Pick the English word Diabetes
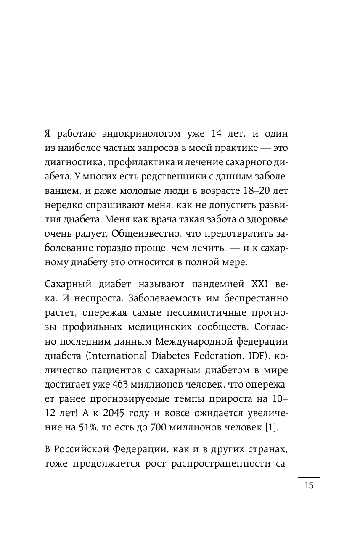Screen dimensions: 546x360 tap(169, 356)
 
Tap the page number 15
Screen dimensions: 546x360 tap(309, 486)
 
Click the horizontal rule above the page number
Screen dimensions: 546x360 tap(309, 477)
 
